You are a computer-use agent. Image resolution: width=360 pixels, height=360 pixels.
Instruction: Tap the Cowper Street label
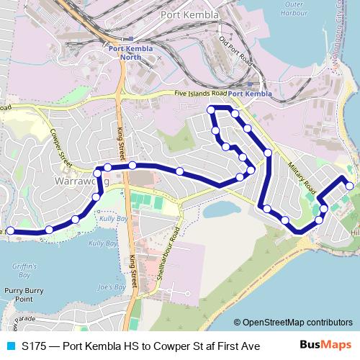[58, 147]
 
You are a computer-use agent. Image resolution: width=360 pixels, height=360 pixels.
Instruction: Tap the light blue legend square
[9, 346]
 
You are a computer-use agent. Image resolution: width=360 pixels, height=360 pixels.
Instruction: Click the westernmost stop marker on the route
[9, 230]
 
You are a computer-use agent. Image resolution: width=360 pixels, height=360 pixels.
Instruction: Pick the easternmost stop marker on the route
[350, 186]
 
